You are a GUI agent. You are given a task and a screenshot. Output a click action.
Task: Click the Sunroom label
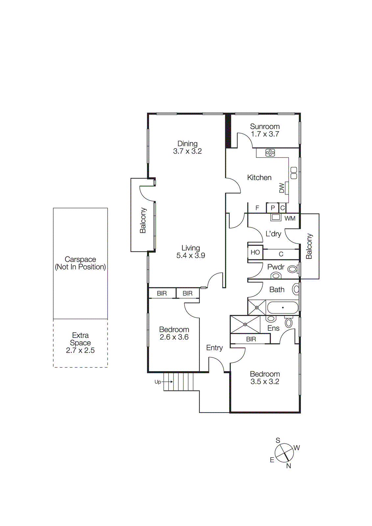tap(264, 127)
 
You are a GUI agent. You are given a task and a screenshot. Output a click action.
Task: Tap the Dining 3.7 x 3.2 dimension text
tap(187, 151)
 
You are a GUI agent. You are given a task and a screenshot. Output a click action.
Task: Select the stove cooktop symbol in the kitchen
tap(270, 153)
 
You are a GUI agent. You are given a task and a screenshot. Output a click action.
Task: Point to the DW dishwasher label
tap(282, 188)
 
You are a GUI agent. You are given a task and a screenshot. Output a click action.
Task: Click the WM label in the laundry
tap(290, 219)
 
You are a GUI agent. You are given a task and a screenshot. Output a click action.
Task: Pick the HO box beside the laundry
tap(255, 252)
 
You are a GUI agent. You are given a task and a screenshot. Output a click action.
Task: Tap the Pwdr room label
tap(276, 267)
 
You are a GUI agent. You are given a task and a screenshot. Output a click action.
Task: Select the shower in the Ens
tap(245, 324)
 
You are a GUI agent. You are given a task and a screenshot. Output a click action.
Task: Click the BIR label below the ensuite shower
tap(251, 339)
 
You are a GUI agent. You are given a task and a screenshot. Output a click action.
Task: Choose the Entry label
tap(214, 347)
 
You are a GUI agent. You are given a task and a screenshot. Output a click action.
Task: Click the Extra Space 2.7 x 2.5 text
tap(80, 343)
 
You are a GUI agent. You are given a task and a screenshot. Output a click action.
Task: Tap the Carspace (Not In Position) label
tap(80, 263)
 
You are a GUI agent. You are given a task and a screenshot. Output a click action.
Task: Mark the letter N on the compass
tap(288, 466)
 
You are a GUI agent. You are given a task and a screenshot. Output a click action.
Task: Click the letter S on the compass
tap(278, 441)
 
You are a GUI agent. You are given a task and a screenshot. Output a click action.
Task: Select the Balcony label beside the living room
tap(143, 220)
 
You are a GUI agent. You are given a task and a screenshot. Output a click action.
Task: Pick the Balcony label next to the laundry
tap(309, 246)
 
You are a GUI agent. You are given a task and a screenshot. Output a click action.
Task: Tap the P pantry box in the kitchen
tap(272, 208)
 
